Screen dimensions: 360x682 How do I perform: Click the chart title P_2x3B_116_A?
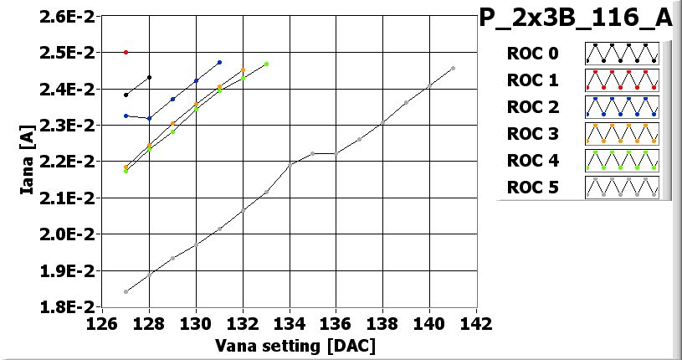pyautogui.click(x=576, y=18)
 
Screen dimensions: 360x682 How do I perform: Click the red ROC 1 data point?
pyautogui.click(x=126, y=52)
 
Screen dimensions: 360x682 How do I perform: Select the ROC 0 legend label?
pyautogui.click(x=532, y=54)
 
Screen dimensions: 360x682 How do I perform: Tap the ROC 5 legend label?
pyautogui.click(x=532, y=188)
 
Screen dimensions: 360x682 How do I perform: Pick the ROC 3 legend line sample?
pyautogui.click(x=622, y=134)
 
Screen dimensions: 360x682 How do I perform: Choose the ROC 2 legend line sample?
pyautogui.click(x=622, y=107)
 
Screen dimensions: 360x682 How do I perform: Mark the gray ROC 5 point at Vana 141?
pyautogui.click(x=453, y=69)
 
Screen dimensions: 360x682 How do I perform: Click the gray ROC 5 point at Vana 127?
pyautogui.click(x=126, y=291)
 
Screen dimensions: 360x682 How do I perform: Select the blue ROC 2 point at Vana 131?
pyautogui.click(x=219, y=62)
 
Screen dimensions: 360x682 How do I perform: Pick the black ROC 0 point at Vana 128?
pyautogui.click(x=149, y=77)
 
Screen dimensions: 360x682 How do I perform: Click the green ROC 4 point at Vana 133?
pyautogui.click(x=266, y=64)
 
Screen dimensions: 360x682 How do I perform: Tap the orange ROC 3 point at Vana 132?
pyautogui.click(x=243, y=70)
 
